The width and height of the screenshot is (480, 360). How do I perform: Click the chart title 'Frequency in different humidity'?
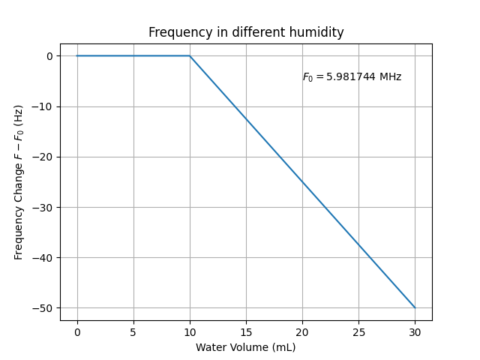point(246,32)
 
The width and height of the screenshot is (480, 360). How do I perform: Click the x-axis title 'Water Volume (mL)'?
point(246,347)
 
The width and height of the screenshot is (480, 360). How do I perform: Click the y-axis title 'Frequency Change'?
point(19,182)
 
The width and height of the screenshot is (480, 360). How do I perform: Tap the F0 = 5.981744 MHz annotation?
point(352,76)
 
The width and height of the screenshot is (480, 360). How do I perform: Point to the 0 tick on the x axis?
point(77,331)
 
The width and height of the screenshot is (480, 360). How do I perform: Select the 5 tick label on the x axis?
point(133,331)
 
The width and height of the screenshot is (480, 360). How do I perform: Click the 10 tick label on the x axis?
point(190,331)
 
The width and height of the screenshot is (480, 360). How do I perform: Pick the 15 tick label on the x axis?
point(246,331)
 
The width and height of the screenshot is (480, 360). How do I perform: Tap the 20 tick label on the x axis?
point(302,331)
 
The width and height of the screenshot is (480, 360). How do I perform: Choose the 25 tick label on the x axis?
point(358,331)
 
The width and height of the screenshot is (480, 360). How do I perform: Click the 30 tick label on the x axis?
point(415,331)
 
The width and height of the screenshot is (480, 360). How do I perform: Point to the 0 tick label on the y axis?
point(49,56)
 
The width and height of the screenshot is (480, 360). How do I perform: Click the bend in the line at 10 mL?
point(190,55)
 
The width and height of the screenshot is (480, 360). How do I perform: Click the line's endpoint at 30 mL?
point(415,307)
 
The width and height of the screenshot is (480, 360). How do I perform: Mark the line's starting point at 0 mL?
point(77,55)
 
